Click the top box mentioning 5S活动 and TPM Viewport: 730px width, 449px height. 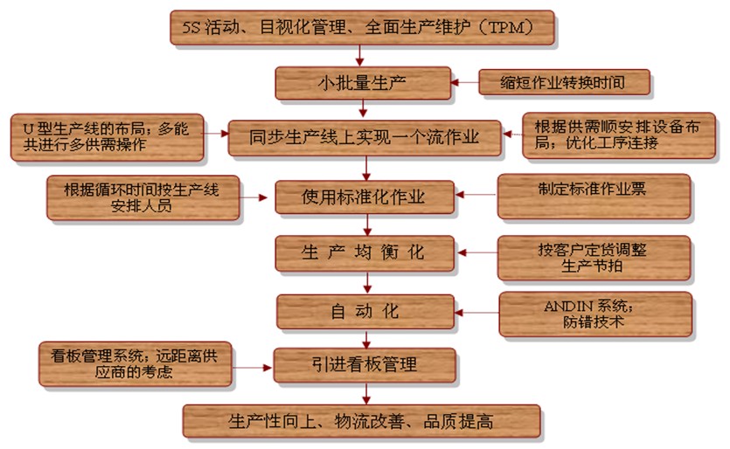pos(363,27)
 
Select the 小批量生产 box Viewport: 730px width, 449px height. pos(363,84)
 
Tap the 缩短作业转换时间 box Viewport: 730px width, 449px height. pos(566,83)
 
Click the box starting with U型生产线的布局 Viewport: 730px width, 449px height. pos(108,137)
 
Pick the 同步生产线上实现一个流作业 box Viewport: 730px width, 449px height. pos(365,138)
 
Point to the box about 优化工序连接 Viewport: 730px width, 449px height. pos(617,135)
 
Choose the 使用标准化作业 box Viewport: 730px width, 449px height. pos(365,197)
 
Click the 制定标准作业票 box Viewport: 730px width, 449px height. pos(594,196)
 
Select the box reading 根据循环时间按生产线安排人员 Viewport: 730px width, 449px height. pos(143,197)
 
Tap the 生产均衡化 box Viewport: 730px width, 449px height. pos(365,253)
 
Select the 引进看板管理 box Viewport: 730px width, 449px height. pos(365,365)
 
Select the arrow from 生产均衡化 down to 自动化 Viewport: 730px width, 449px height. pos(365,282)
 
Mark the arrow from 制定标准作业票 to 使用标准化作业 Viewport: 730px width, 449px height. pos(476,197)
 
